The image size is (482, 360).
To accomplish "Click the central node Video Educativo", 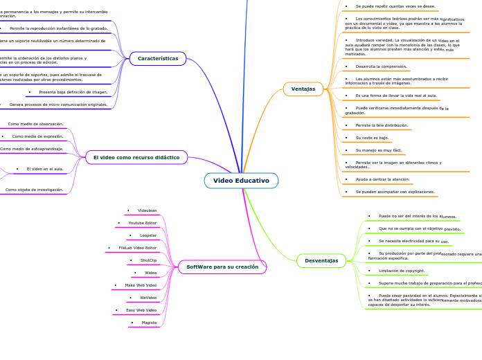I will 241,181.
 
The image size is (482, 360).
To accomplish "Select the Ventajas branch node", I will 303,89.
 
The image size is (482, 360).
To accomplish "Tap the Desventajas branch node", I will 321,261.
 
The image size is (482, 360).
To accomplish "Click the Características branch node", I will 158,59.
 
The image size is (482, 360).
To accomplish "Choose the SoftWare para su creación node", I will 222,267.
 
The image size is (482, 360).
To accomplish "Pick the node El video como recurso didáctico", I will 136,157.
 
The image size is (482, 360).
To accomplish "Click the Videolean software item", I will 147,210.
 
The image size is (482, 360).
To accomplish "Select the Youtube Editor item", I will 142,223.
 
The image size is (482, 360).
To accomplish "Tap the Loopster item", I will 148,235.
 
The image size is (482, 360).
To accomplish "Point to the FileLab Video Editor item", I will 137,248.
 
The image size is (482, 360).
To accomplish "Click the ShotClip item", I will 148,260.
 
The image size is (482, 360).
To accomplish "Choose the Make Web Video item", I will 141,285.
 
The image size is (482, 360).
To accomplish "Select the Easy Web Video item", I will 141,310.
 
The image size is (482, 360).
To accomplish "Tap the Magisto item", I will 149,323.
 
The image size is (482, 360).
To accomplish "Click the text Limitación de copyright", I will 402,271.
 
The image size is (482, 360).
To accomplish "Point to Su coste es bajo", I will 372,138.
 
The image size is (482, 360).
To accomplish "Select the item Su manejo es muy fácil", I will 379,150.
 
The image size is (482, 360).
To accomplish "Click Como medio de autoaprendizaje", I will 31,149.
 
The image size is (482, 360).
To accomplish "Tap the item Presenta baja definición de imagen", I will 73,92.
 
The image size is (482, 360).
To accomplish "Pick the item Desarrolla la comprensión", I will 381,66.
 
